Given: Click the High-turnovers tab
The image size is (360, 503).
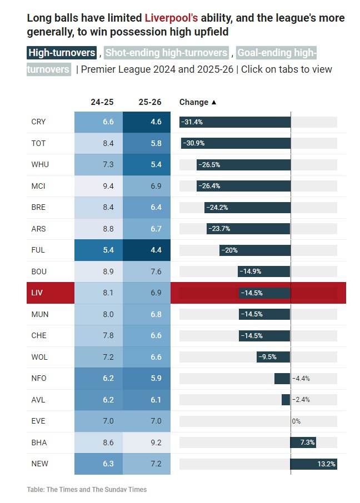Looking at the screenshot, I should (x=62, y=53).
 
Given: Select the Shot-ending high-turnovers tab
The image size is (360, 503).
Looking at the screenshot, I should (x=166, y=53).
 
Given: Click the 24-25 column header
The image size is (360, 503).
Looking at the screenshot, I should (x=102, y=102).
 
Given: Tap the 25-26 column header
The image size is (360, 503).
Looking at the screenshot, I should (x=150, y=102).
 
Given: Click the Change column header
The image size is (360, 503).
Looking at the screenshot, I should (x=198, y=102).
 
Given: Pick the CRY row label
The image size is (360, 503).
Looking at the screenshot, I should (x=39, y=122).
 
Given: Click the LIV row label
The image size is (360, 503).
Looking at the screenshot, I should (x=37, y=293).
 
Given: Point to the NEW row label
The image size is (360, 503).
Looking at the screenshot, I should (x=39, y=464).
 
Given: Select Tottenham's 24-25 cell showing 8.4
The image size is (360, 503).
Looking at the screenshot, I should (x=108, y=143).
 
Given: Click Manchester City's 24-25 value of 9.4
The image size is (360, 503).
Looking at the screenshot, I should (x=108, y=186).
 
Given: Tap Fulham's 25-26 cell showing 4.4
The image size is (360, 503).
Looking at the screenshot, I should (x=156, y=250).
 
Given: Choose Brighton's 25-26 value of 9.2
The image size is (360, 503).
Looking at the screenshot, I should (x=156, y=442).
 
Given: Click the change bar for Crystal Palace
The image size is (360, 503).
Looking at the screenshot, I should (x=234, y=122).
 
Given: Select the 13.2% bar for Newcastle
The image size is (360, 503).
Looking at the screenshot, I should (x=313, y=464).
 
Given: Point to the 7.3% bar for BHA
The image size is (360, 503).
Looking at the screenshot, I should (x=303, y=442).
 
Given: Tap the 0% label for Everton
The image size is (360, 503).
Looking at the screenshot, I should (x=296, y=421).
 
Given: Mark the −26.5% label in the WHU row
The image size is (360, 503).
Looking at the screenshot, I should (x=209, y=165).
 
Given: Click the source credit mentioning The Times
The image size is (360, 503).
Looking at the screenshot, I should (x=87, y=490).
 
